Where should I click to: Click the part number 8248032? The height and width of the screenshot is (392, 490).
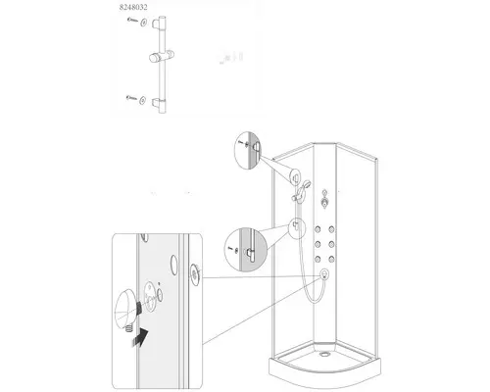tap(133, 7)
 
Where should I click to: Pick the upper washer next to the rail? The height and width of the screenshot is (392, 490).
tap(144, 23)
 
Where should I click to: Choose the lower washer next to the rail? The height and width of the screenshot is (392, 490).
tap(143, 100)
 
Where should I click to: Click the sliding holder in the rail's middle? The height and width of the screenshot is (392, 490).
tap(162, 57)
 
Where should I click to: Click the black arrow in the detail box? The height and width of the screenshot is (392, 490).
tap(140, 338)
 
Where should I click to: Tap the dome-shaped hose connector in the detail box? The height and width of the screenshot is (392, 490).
tap(125, 309)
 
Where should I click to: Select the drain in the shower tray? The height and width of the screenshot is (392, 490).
tap(324, 354)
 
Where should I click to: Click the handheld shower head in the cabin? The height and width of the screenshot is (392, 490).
tap(305, 186)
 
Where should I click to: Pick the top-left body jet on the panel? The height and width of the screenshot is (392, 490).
tap(318, 229)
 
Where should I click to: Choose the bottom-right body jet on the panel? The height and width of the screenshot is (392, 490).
tap(332, 260)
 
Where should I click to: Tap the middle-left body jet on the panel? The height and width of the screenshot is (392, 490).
tap(318, 244)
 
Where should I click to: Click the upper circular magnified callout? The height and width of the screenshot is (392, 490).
tap(248, 150)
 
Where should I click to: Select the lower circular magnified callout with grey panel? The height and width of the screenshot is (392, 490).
tap(246, 250)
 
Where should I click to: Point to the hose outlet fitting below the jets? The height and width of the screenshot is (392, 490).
tap(324, 274)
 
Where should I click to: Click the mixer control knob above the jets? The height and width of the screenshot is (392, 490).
tap(324, 203)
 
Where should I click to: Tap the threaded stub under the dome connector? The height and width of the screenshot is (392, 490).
tap(128, 326)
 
